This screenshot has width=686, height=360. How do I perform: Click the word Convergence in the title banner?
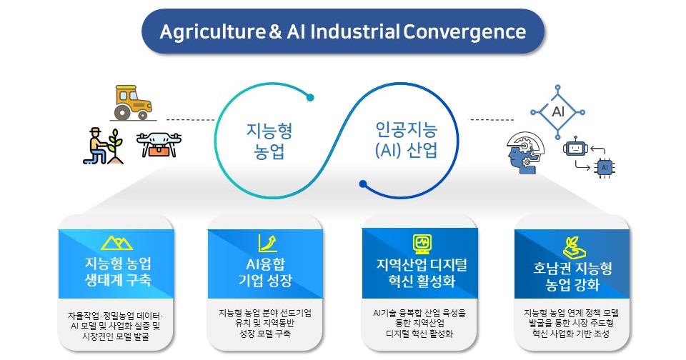(x=464, y=32)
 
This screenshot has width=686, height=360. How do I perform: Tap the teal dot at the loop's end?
(x=311, y=96)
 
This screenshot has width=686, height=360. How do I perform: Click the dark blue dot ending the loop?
(x=363, y=184)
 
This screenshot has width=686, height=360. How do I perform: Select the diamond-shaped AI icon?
(x=558, y=111)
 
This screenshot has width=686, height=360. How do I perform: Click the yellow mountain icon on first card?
(x=117, y=243)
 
